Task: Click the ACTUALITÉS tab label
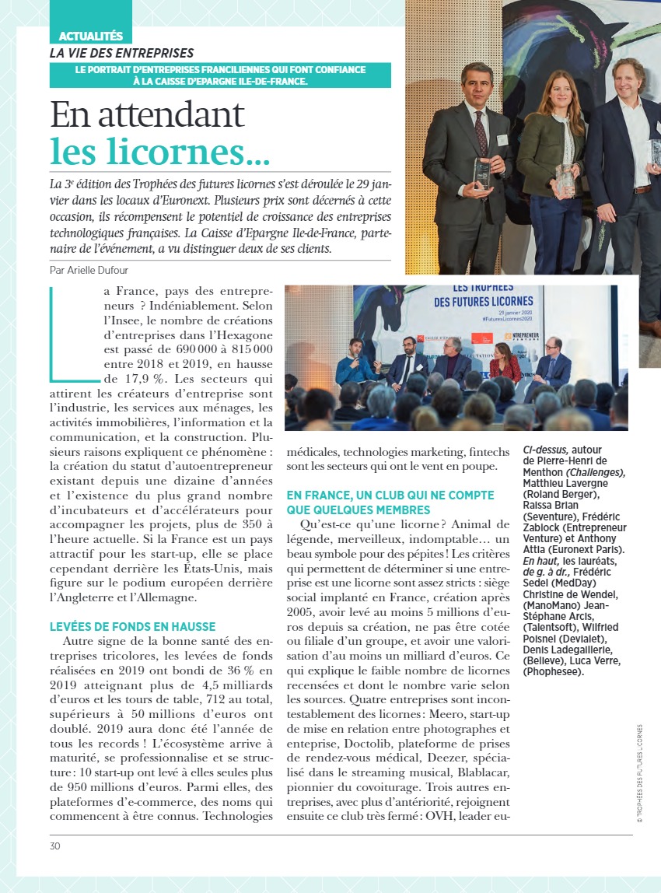(x=91, y=36)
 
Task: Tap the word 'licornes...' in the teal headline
(x=159, y=151)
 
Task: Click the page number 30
(x=54, y=846)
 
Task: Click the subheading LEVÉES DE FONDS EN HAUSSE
(x=132, y=626)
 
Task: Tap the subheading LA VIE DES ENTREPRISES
(x=122, y=53)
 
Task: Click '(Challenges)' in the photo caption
(x=596, y=472)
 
